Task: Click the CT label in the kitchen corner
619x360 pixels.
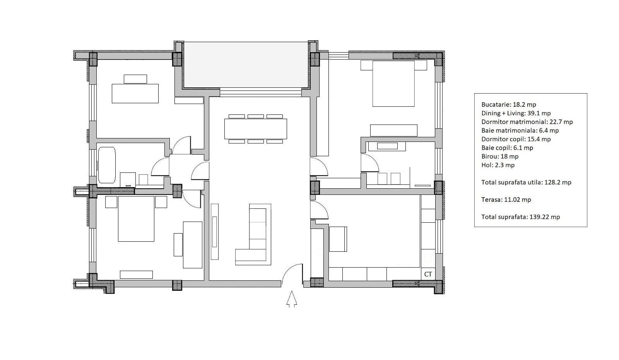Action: coord(428,274)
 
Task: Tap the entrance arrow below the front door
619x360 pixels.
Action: coord(292,299)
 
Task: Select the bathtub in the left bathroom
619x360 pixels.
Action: coord(107,165)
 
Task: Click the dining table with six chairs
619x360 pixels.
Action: coord(255,129)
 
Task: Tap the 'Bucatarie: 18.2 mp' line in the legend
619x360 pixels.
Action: coord(509,104)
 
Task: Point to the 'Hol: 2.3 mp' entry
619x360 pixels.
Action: coord(498,165)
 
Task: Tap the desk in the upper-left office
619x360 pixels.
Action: coord(135,93)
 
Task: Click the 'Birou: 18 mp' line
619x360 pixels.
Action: coord(500,156)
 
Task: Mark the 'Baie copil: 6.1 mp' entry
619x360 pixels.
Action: coord(507,148)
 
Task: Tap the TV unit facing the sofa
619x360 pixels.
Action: coord(215,232)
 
